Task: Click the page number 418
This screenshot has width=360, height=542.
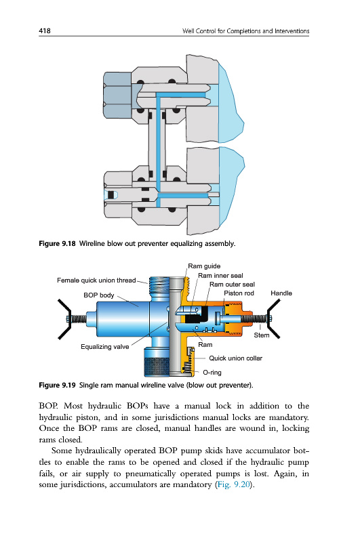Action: pos(45,30)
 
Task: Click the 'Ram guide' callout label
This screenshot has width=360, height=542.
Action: pos(204,266)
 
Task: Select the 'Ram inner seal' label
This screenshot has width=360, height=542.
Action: pos(220,276)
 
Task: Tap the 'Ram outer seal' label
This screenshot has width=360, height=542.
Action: pos(232,284)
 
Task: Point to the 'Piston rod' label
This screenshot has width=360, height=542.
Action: pos(239,293)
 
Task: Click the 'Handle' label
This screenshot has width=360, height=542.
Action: pos(281,293)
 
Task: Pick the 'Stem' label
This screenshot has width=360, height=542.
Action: pos(262,335)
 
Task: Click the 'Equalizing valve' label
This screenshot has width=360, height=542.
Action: pos(105,347)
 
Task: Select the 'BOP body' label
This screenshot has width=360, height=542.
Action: pos(98,295)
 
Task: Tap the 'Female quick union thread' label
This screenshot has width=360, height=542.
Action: pos(96,280)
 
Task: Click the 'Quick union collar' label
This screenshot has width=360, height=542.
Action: pos(235,358)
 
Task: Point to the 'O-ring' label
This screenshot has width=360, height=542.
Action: pos(212,372)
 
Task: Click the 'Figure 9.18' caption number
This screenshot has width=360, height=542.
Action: pos(57,244)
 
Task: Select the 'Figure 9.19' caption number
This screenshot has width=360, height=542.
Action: pos(57,385)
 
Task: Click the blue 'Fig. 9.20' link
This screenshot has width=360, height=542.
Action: pos(233,484)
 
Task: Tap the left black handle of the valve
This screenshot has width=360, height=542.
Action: pos(64,318)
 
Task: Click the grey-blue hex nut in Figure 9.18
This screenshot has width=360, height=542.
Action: pos(117,95)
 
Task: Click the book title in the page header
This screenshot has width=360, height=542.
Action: pos(245,30)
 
